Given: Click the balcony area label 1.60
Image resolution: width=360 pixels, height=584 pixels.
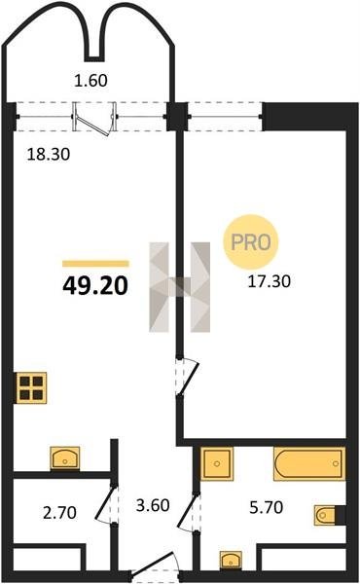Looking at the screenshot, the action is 90,81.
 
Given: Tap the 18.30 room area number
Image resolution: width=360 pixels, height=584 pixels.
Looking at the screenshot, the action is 49,154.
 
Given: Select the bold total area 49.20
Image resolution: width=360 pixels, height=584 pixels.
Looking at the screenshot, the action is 95,286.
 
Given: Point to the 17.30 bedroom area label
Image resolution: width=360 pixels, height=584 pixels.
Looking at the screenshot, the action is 270,281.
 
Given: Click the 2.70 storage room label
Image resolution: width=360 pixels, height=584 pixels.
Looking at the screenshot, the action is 60,513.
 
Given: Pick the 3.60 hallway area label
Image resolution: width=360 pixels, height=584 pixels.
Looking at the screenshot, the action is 153,505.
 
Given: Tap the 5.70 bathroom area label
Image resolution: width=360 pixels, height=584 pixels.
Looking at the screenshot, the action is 267,507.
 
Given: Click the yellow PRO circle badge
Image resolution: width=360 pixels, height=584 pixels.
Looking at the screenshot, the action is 251,242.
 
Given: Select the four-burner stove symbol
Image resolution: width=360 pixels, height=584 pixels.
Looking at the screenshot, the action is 31,387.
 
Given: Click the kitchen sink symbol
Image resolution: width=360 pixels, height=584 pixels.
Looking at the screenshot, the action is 65,458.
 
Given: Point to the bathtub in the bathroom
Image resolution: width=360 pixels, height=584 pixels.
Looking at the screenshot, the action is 309,463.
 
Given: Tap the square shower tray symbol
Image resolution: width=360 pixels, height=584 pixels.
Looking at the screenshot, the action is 217,463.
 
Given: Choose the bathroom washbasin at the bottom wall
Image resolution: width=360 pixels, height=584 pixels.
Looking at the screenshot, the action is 231,560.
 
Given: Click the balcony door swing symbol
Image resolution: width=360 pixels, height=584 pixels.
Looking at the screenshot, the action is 93,119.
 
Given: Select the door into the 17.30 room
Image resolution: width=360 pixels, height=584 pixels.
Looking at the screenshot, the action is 188,376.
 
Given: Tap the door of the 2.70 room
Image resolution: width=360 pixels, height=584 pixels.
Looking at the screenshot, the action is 106,503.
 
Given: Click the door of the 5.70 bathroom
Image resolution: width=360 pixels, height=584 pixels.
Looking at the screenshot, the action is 189,512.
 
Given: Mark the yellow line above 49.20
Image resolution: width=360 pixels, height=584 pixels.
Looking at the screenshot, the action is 95,264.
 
